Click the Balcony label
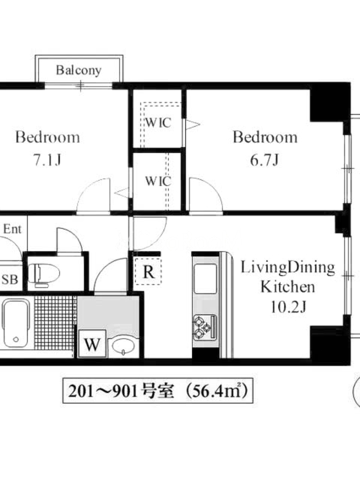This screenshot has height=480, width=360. (x=79, y=70)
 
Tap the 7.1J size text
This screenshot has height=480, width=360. (x=47, y=160)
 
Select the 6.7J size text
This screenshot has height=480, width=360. (x=265, y=160)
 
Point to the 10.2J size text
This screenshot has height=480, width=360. (x=288, y=307)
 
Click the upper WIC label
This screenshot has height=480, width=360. (x=158, y=123)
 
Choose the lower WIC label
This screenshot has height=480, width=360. (x=158, y=181)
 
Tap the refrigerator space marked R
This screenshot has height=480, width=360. (x=148, y=271)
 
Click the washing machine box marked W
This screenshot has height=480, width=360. (x=92, y=343)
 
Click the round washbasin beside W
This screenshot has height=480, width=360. (x=123, y=346)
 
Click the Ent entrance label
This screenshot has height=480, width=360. (x=12, y=229)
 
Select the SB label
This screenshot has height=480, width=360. (x=10, y=279)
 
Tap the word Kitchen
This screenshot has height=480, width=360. (x=287, y=287)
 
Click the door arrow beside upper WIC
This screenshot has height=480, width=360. (x=193, y=124)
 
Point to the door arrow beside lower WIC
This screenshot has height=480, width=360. (x=123, y=193)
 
